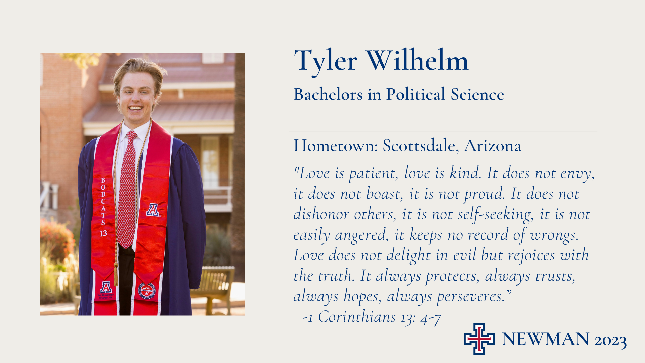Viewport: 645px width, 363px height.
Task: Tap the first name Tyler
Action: point(326,62)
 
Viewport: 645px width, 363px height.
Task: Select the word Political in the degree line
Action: point(416,94)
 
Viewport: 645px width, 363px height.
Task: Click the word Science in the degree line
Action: point(477,94)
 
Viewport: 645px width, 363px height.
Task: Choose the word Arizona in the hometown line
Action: point(492,146)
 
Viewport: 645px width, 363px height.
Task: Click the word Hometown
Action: point(336,146)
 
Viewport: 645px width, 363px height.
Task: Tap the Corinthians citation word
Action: point(357,317)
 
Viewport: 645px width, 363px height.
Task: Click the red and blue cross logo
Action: point(479,339)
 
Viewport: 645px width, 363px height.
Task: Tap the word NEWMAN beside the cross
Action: point(545,339)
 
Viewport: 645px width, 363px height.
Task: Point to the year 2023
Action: point(610,340)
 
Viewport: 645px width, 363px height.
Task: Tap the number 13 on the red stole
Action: point(103,233)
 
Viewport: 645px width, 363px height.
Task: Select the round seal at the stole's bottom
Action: point(147,291)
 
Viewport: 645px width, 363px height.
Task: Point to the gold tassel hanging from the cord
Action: point(116,274)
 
